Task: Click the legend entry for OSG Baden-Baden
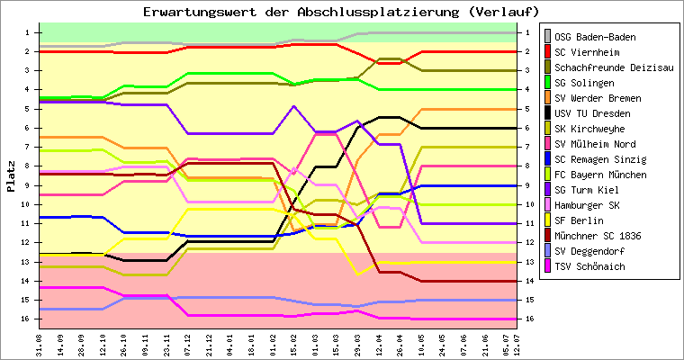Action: click(x=595, y=37)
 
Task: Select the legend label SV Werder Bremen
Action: click(x=598, y=98)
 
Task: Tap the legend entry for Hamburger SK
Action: click(x=588, y=205)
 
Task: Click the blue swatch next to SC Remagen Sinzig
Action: click(x=546, y=159)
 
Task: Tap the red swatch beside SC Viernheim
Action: click(x=546, y=52)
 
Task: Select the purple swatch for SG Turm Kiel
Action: click(x=546, y=190)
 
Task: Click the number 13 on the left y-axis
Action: click(x=26, y=262)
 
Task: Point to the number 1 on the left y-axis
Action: click(x=29, y=32)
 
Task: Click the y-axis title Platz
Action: click(x=11, y=175)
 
